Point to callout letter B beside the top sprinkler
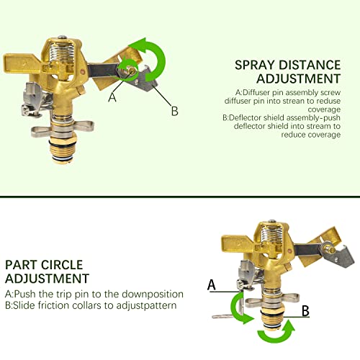point(174,111)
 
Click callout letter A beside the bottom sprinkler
point(212,286)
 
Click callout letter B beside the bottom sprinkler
point(305,311)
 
